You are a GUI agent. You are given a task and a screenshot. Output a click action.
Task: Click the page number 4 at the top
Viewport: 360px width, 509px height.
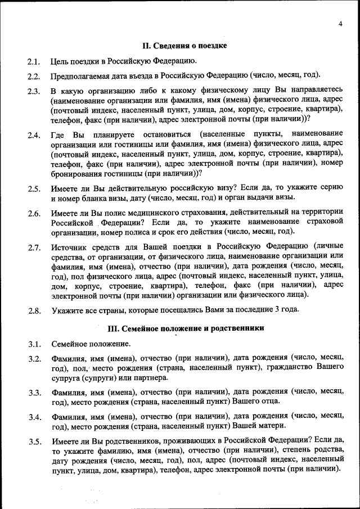click(x=341, y=23)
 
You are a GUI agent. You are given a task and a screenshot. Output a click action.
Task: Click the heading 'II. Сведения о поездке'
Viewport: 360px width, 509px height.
click(x=184, y=45)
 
